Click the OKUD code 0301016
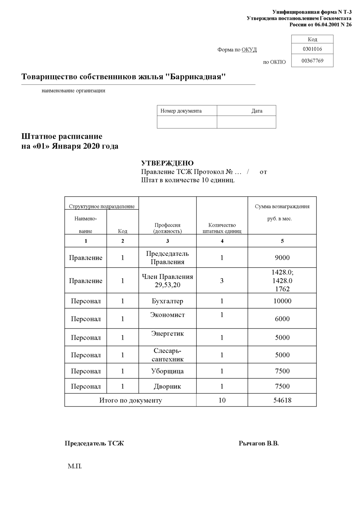click(x=312, y=49)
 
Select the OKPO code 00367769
click(x=312, y=61)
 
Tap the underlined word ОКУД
click(x=249, y=50)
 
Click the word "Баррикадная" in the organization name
click(x=195, y=77)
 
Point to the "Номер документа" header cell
click(x=181, y=111)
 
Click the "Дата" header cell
click(x=257, y=111)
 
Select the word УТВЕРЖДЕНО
click(x=167, y=163)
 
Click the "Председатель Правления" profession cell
click(x=167, y=258)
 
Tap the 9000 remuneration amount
click(x=282, y=258)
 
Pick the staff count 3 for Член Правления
click(x=222, y=281)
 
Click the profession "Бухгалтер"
click(x=167, y=301)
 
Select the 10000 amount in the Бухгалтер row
click(x=282, y=301)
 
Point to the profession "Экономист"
click(x=167, y=315)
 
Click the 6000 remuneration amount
click(x=282, y=319)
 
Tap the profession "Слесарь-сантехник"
click(x=167, y=355)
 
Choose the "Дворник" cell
click(x=167, y=386)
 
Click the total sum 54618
click(x=282, y=400)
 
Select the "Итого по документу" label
click(x=131, y=400)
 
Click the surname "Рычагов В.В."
click(x=259, y=444)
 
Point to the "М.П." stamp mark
click(x=75, y=466)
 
